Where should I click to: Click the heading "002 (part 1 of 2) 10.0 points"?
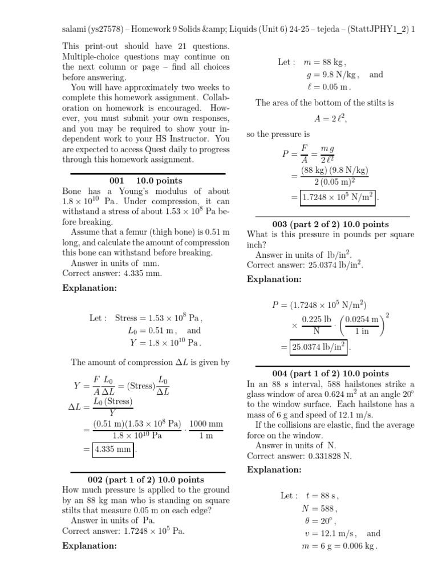145,480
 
